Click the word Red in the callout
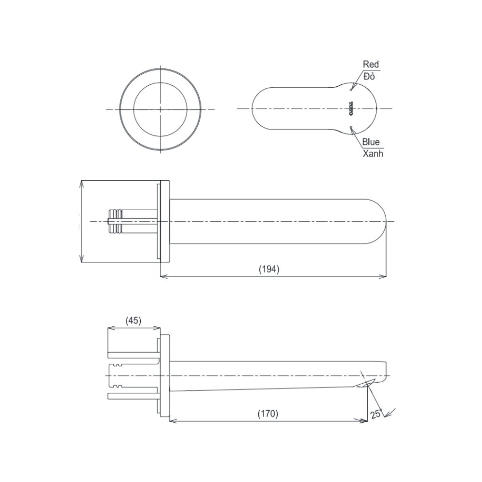(371, 64)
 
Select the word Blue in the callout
(371, 142)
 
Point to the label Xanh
(373, 154)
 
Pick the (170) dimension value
(268, 414)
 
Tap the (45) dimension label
(133, 321)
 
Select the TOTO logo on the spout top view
(351, 109)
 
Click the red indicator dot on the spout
(352, 89)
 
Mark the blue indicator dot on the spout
(352, 128)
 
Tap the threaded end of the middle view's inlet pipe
(115, 221)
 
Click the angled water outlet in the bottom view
(366, 384)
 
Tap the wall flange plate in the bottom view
(164, 376)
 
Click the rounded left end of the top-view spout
(256, 109)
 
